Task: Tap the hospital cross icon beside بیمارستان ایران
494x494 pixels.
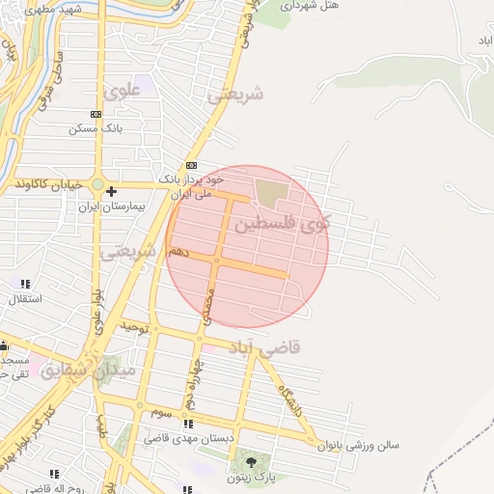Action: (112, 191)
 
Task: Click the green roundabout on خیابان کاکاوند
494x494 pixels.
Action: (97, 183)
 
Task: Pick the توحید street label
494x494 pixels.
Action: (138, 328)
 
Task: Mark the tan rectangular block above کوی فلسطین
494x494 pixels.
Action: (271, 189)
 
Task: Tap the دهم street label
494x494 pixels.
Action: (178, 250)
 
